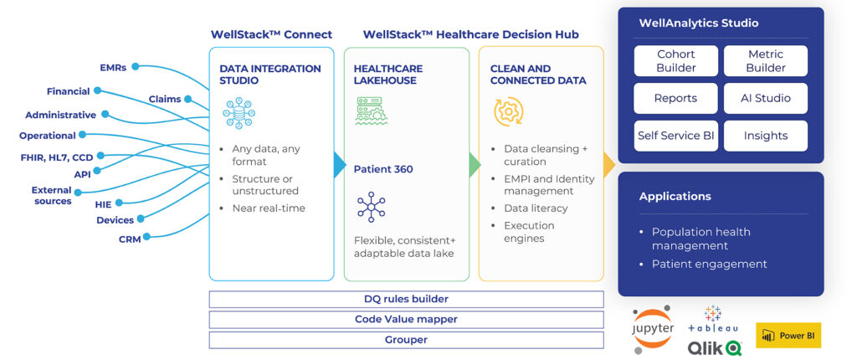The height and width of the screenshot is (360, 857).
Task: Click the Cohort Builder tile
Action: (675, 60)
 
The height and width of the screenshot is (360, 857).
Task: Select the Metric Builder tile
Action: (765, 60)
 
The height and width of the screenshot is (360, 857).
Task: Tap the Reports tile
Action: (675, 98)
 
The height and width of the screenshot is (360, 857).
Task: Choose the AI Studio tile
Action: (765, 98)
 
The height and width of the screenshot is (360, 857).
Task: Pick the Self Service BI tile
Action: (675, 136)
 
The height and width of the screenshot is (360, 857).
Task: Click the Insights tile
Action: (765, 136)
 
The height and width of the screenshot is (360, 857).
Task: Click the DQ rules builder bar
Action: (406, 299)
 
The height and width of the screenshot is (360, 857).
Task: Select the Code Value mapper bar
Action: (406, 319)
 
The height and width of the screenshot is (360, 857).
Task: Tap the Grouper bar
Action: (406, 340)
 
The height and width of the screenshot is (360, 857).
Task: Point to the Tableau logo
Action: (713, 321)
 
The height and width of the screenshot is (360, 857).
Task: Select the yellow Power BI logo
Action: (788, 336)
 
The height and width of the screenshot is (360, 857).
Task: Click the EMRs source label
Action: (113, 67)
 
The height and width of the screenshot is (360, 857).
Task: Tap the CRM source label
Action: (130, 239)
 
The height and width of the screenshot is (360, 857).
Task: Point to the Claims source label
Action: (164, 99)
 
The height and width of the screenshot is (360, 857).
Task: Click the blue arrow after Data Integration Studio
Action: (339, 164)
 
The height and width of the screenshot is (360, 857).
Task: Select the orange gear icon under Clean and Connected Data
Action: (508, 112)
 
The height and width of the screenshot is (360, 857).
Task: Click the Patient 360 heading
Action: (383, 169)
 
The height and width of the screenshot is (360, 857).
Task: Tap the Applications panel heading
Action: (675, 197)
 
